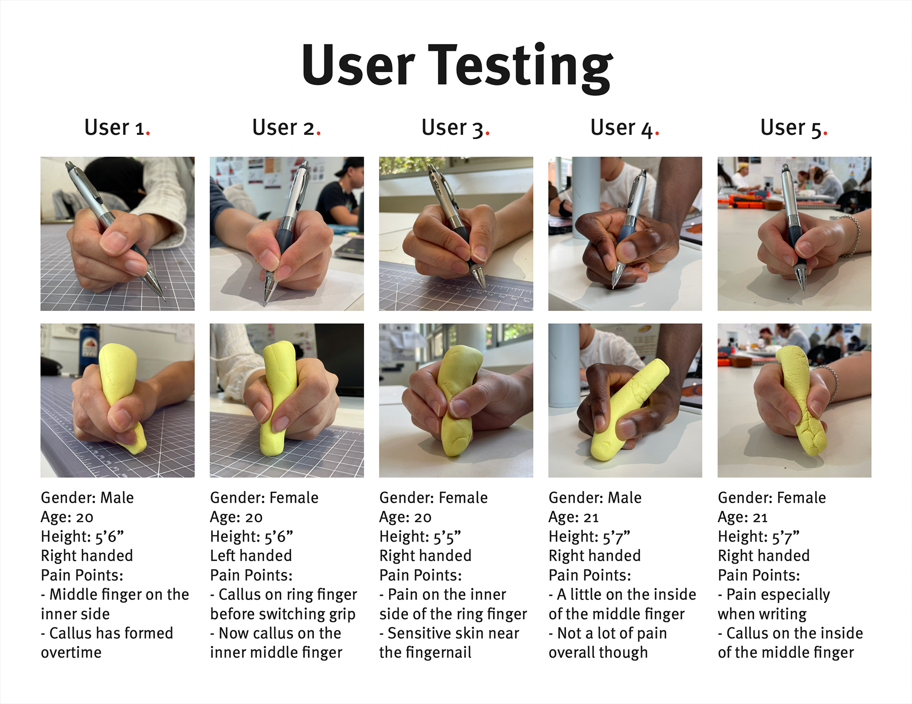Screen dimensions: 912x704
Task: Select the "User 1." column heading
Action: click(x=117, y=128)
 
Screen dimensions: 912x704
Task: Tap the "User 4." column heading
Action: click(x=625, y=128)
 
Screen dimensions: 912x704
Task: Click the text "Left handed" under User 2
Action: click(x=251, y=555)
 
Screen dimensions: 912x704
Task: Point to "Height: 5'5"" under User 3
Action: click(x=420, y=536)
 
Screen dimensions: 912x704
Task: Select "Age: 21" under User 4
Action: click(x=573, y=517)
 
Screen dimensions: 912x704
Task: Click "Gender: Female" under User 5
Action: click(x=771, y=497)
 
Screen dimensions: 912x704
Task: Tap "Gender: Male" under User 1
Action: click(x=87, y=497)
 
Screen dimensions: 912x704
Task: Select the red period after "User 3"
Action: click(x=488, y=134)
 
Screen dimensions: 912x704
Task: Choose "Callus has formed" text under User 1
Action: click(x=111, y=633)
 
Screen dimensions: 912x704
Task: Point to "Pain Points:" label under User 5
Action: click(x=759, y=575)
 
